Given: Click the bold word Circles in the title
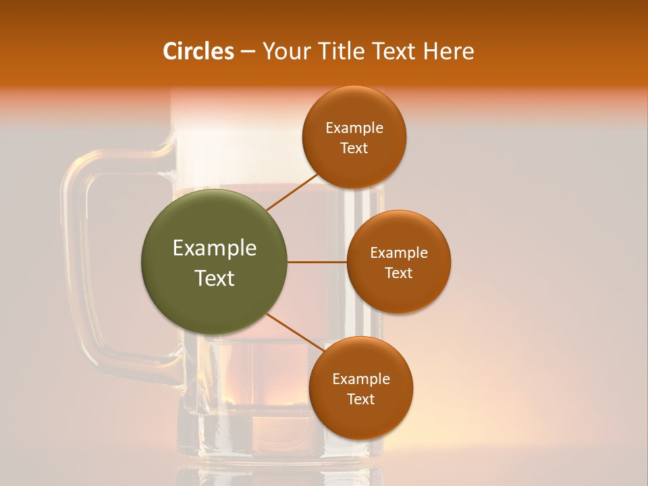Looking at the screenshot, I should click(x=198, y=51).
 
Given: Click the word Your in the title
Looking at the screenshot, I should click(x=283, y=51).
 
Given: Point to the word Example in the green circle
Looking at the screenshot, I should click(x=215, y=248).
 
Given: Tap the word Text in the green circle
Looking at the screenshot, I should click(x=215, y=278).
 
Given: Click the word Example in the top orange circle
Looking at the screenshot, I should click(x=354, y=128).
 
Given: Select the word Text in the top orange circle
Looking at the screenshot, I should click(x=354, y=148).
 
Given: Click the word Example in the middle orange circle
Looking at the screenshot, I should click(x=399, y=252).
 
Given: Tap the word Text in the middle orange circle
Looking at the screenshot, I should click(x=398, y=273).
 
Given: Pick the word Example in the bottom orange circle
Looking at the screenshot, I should click(x=361, y=379).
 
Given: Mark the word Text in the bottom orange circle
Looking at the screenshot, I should click(x=360, y=399).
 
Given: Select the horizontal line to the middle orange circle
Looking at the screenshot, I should click(x=317, y=262).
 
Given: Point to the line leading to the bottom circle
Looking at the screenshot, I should click(x=295, y=332).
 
